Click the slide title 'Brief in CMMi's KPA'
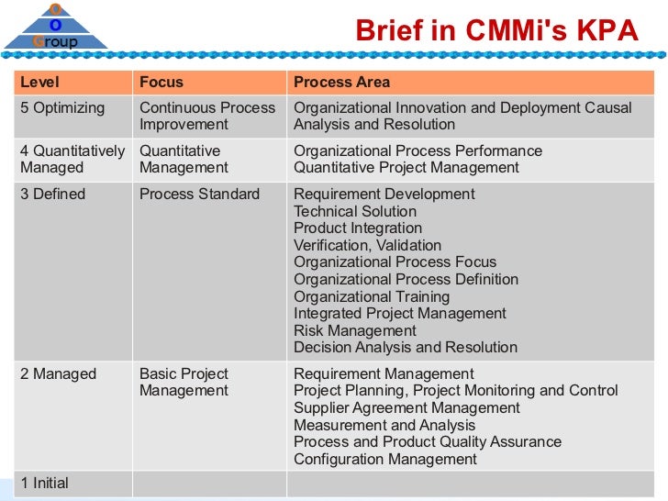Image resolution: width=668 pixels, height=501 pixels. pyautogui.click(x=495, y=31)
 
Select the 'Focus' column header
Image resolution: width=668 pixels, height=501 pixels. pyautogui.click(x=161, y=83)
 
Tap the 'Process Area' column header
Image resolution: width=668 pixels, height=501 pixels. pyautogui.click(x=341, y=83)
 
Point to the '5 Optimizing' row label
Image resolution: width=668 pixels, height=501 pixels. pyautogui.click(x=62, y=108)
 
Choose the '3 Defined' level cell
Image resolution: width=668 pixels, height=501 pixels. pyautogui.click(x=52, y=195)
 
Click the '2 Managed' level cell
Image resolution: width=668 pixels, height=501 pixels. pyautogui.click(x=58, y=374)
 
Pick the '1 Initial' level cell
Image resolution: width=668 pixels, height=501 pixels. pyautogui.click(x=44, y=484)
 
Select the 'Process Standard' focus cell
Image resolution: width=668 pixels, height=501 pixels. pyautogui.click(x=199, y=195)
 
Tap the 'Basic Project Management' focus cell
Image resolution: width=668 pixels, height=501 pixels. pyautogui.click(x=184, y=383)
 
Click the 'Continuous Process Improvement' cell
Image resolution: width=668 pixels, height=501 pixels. pyautogui.click(x=206, y=117)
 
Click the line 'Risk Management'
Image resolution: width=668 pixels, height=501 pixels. pyautogui.click(x=354, y=331)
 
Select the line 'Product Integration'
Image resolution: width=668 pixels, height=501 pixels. pyautogui.click(x=358, y=228)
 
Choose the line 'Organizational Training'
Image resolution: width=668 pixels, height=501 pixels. pyautogui.click(x=372, y=297)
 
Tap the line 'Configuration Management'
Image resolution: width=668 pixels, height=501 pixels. pyautogui.click(x=385, y=460)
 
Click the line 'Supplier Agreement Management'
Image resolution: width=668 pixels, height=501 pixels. pyautogui.click(x=406, y=408)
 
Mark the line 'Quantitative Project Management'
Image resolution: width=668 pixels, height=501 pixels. pyautogui.click(x=406, y=168)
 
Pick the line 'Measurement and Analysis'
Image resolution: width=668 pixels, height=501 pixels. pyautogui.click(x=384, y=426)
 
